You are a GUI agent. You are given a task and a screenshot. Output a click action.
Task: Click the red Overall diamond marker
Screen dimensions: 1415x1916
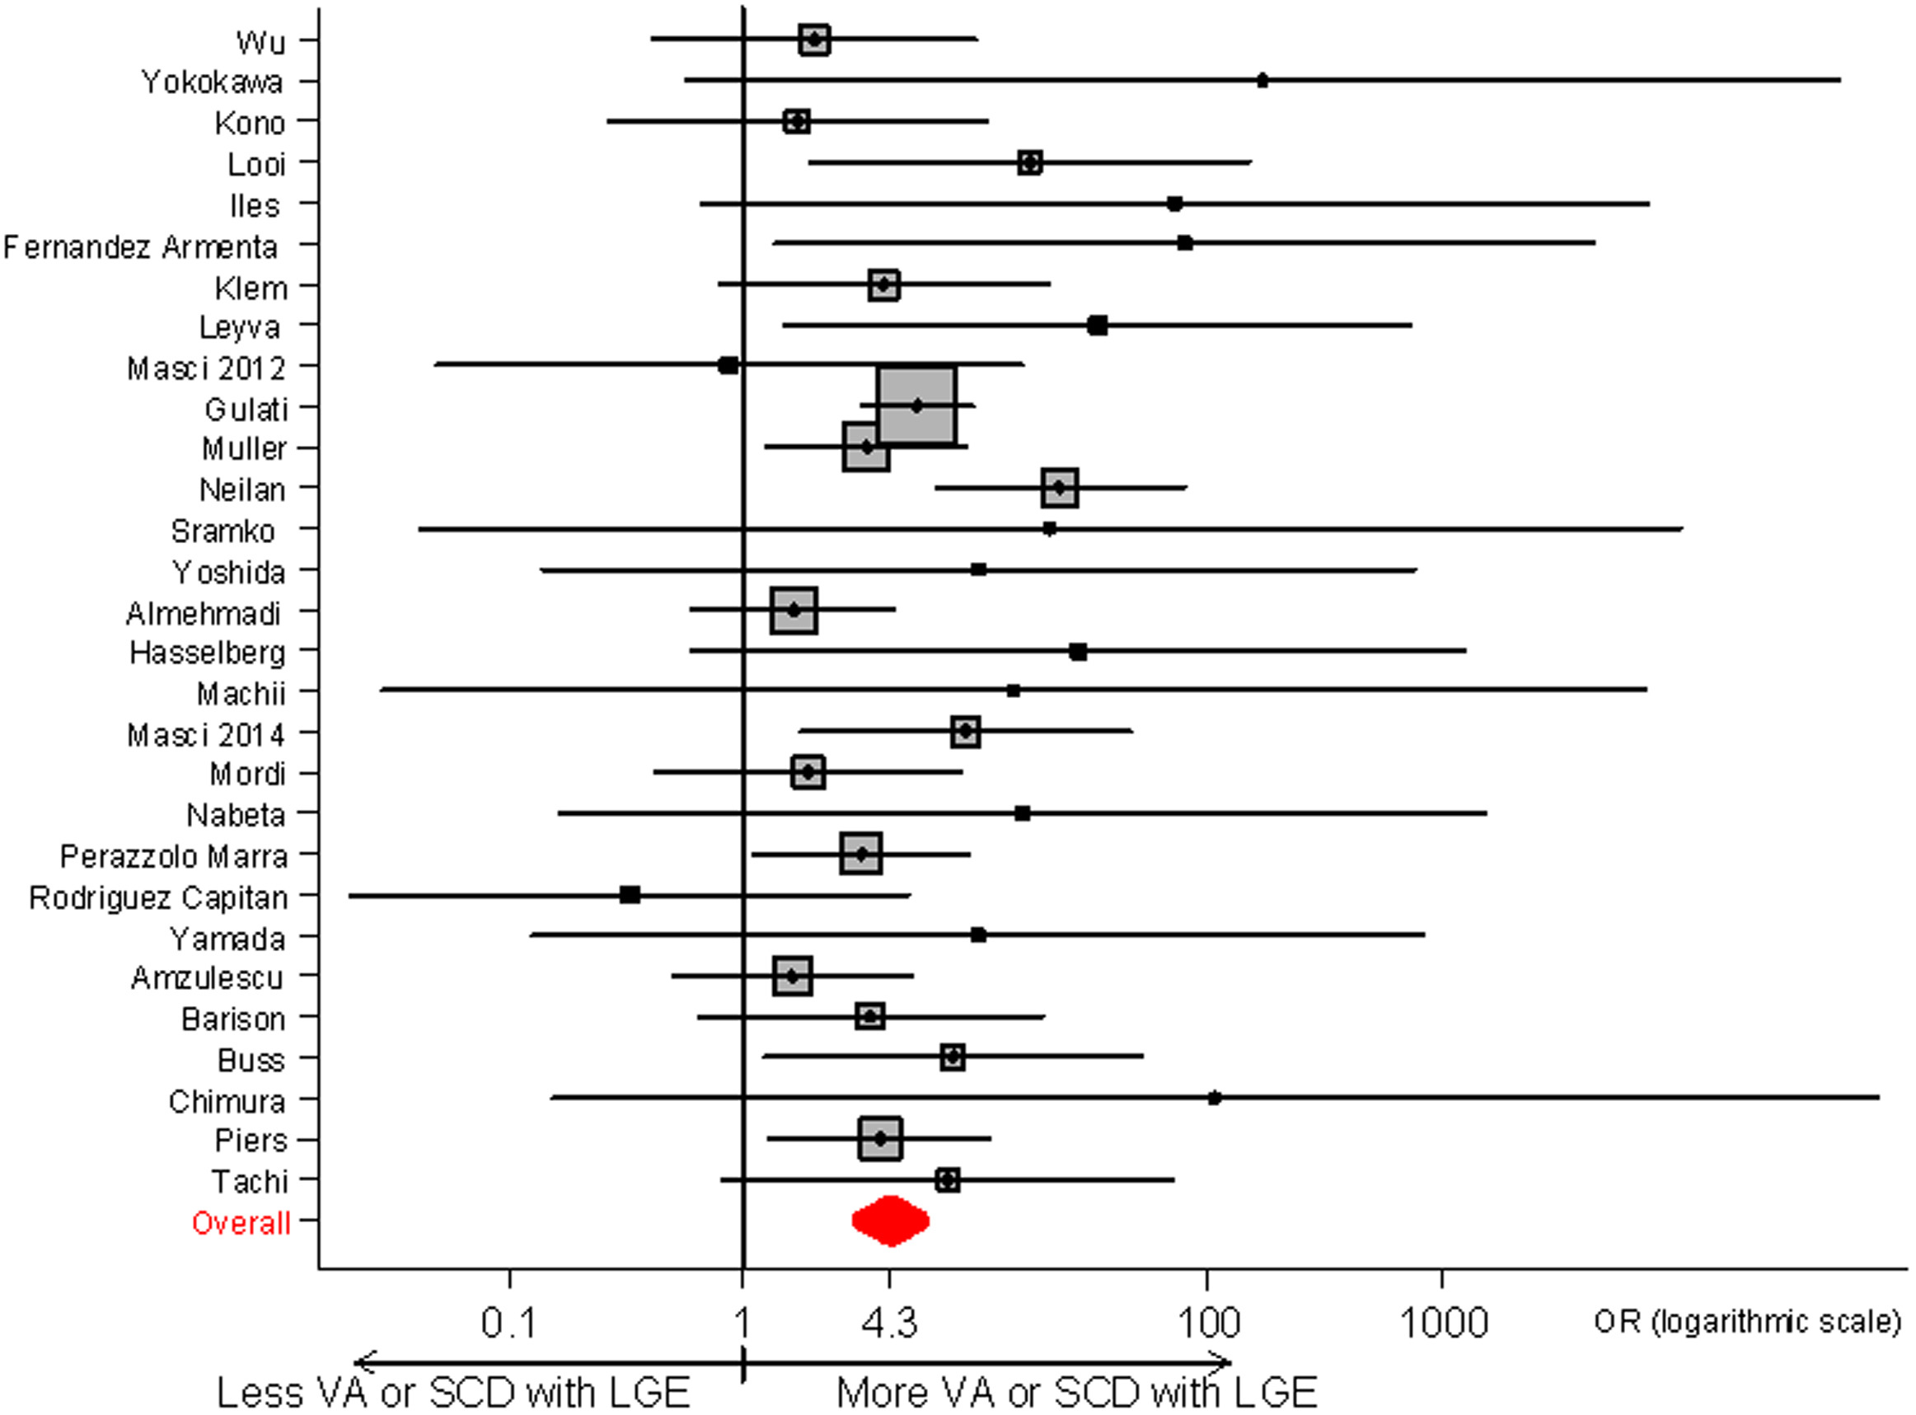point(891,1221)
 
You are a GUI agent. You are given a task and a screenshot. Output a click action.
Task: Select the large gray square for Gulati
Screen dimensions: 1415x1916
point(916,406)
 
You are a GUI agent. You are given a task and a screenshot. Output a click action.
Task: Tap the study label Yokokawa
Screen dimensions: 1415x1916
point(212,82)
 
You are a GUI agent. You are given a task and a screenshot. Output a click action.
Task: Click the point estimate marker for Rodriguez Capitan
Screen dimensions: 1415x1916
point(630,895)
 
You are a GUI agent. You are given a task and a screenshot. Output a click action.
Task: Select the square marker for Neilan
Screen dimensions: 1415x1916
point(1060,488)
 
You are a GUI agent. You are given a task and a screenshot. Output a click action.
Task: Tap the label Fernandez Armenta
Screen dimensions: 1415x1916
point(141,246)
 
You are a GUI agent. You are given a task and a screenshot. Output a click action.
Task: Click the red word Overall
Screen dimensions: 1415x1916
point(241,1223)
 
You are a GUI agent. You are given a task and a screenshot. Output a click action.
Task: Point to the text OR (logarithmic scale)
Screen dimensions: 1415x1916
point(1747,1322)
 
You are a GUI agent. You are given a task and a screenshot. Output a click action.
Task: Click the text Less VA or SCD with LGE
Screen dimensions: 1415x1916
point(453,1392)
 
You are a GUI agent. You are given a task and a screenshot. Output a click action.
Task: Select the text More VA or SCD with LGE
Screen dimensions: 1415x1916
point(1075,1392)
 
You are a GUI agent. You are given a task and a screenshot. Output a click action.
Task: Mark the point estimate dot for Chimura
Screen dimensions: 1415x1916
point(1215,1098)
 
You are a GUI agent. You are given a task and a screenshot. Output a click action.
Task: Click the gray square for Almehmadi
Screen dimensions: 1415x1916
point(793,611)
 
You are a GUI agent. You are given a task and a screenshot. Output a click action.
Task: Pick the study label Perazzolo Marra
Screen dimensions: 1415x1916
point(174,856)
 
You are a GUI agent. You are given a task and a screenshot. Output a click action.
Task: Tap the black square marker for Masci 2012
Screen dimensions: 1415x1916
point(728,366)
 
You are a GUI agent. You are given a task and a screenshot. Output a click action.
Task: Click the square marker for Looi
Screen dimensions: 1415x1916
point(1030,162)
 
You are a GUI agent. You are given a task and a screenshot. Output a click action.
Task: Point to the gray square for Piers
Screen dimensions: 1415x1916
point(879,1139)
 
